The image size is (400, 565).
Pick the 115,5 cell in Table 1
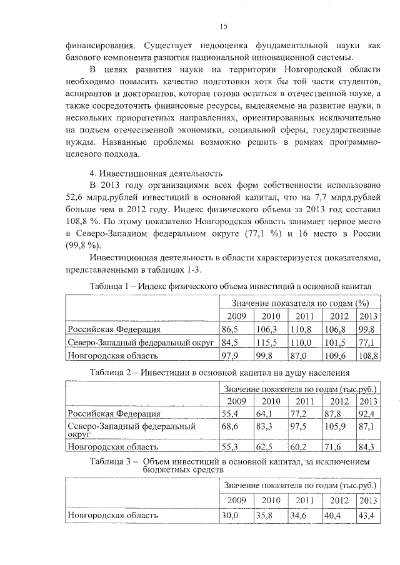coord(270,342)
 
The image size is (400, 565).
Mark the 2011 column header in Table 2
coord(304,401)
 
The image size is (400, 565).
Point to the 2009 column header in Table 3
coord(236,500)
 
